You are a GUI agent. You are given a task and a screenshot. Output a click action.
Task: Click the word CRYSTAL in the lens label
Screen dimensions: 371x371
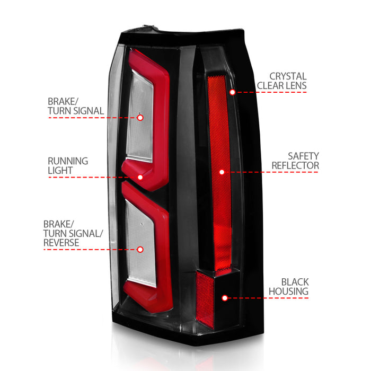click(x=288, y=76)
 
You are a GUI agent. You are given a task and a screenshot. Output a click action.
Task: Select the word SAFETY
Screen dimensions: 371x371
click(x=303, y=156)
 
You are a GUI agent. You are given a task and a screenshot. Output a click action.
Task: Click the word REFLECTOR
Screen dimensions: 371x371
click(x=295, y=165)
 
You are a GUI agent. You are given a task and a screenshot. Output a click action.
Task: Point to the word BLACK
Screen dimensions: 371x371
click(x=295, y=282)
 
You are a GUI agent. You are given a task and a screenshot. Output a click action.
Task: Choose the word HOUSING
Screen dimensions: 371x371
click(x=289, y=291)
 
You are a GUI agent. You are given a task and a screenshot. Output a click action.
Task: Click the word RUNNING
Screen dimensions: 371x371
click(x=68, y=161)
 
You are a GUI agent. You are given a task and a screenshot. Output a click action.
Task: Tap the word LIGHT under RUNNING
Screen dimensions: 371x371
click(x=60, y=170)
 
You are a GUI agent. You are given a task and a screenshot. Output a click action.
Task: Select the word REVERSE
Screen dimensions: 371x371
click(x=61, y=243)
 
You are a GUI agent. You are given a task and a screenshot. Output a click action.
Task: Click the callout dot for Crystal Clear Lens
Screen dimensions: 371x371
click(x=232, y=92)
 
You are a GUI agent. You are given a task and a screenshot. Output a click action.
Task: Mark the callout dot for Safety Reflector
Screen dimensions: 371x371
click(x=222, y=172)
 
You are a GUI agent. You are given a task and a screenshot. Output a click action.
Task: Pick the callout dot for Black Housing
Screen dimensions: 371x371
click(x=225, y=298)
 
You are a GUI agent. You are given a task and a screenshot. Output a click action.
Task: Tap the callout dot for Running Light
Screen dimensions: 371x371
click(x=140, y=177)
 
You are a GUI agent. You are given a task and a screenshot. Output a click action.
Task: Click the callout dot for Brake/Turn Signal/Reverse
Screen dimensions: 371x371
click(x=140, y=250)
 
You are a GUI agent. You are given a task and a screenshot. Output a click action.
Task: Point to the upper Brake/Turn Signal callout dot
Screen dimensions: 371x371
click(x=140, y=118)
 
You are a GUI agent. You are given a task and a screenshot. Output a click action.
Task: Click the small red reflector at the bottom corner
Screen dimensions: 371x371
click(x=205, y=300)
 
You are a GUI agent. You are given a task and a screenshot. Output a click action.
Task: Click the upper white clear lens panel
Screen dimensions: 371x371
click(x=139, y=116)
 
